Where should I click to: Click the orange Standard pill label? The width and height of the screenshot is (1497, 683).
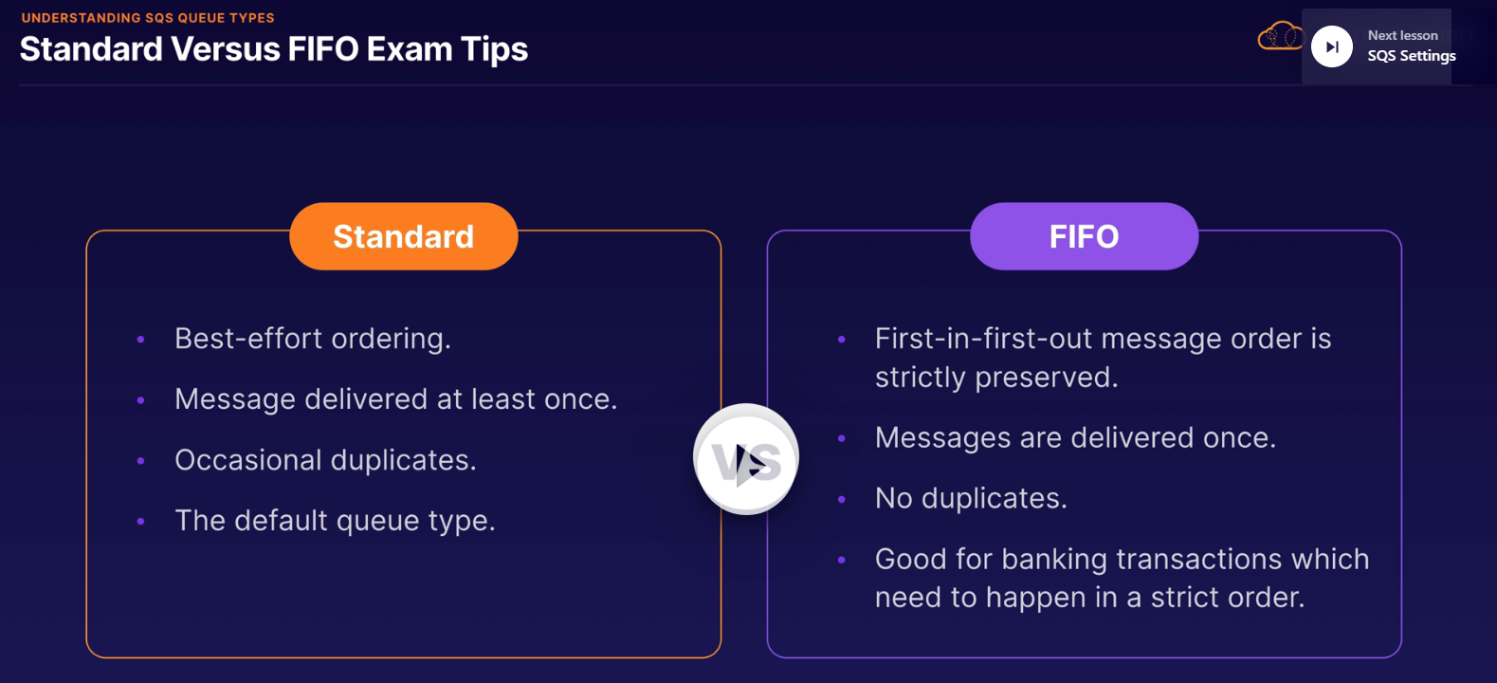tap(404, 236)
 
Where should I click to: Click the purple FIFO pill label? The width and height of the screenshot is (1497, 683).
tap(1084, 236)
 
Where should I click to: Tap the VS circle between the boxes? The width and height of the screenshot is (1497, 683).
tap(746, 459)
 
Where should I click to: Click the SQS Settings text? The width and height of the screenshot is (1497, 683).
tap(1412, 56)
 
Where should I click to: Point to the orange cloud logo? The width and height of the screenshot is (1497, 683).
tap(1279, 36)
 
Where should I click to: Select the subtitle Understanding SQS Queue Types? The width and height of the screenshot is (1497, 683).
tap(148, 18)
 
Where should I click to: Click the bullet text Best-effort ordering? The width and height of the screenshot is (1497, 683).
tap(313, 339)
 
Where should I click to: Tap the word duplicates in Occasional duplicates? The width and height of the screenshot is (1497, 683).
tap(403, 460)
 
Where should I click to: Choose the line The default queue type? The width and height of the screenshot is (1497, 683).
tap(335, 521)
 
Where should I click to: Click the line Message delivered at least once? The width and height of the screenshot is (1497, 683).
tap(395, 399)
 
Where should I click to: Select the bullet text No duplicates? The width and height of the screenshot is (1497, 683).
tap(971, 498)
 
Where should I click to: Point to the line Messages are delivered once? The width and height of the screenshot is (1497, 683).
tap(1075, 437)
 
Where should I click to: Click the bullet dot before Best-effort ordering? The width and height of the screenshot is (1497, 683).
tap(140, 340)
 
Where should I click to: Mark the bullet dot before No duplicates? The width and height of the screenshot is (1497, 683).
tap(841, 499)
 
